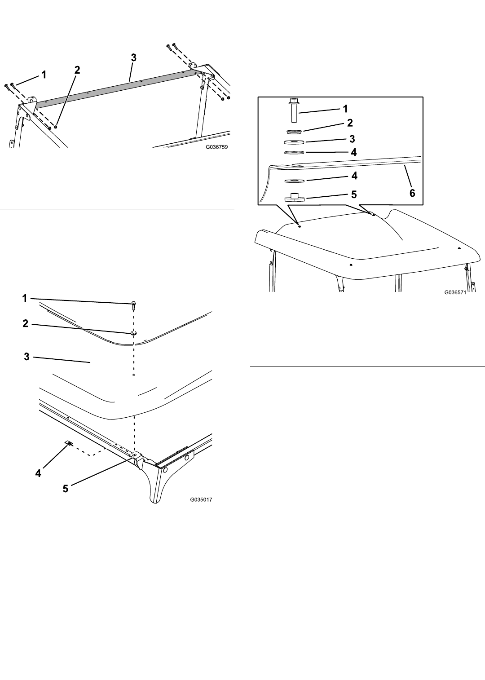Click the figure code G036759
tap(217, 147)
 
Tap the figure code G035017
tap(201, 499)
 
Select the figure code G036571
tap(455, 292)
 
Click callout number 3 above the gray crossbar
tap(133, 57)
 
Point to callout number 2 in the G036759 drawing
tap(77, 70)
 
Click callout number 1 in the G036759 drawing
tap(44, 75)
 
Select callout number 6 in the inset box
tap(412, 193)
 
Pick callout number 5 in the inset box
tap(354, 194)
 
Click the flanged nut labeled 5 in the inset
tap(294, 198)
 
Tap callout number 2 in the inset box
tap(350, 123)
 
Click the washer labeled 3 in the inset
tap(295, 142)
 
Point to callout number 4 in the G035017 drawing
tap(38, 473)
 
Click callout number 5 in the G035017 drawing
tap(66, 489)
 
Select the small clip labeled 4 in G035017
tap(70, 443)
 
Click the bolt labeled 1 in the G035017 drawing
tap(134, 305)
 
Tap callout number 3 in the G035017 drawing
tap(26, 357)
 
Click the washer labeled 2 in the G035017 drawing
tap(133, 333)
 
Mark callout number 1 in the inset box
tap(345, 109)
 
